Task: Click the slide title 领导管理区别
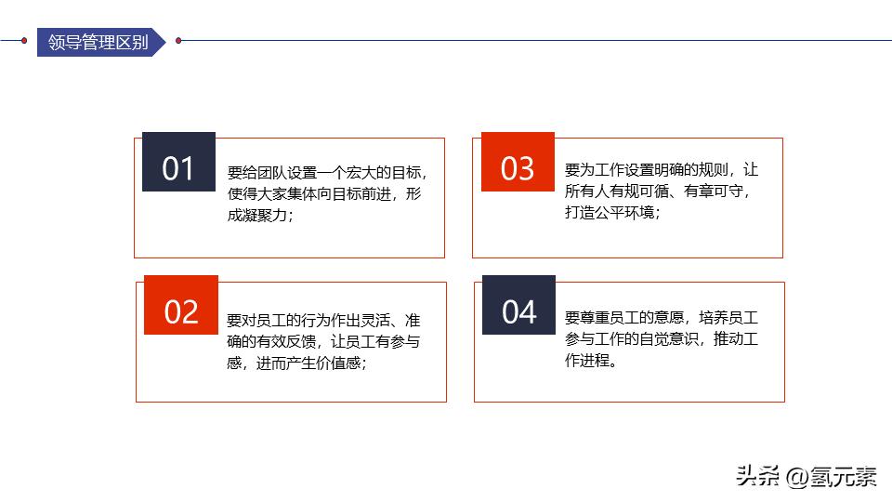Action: [x=98, y=42]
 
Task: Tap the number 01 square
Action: [x=178, y=168]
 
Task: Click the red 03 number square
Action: [x=518, y=168]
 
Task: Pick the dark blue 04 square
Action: [x=518, y=311]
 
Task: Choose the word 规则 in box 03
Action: [x=713, y=170]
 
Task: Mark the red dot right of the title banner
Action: [x=178, y=41]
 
